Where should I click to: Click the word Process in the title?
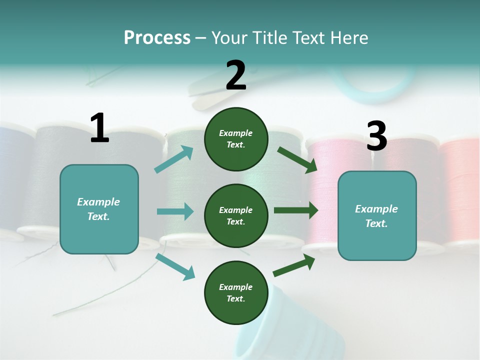pyautogui.click(x=157, y=38)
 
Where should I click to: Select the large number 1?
pyautogui.click(x=99, y=128)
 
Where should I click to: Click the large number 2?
pyautogui.click(x=236, y=75)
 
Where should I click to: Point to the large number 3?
pyautogui.click(x=376, y=136)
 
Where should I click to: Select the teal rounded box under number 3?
pyautogui.click(x=377, y=240)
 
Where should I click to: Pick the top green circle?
pyautogui.click(x=236, y=139)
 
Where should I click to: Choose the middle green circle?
pyautogui.click(x=236, y=215)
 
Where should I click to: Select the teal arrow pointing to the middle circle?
pyautogui.click(x=175, y=211)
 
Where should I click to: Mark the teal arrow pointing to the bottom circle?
pyautogui.click(x=175, y=266)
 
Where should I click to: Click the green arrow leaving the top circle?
pyautogui.click(x=297, y=159)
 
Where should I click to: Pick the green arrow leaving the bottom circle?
pyautogui.click(x=294, y=265)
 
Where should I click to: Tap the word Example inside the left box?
pyautogui.click(x=98, y=202)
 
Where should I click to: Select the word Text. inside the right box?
pyautogui.click(x=376, y=223)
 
